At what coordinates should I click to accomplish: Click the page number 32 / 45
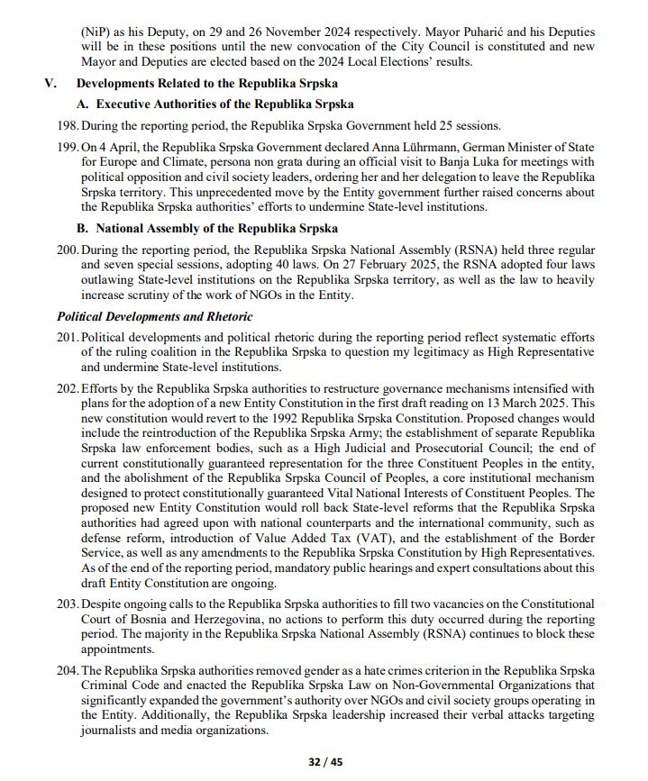coord(324,761)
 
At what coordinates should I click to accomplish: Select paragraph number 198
coord(68,125)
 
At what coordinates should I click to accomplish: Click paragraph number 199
coord(68,146)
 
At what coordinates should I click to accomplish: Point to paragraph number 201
coord(68,338)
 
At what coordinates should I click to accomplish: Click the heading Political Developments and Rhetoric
coord(154,317)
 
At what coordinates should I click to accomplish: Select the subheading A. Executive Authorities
coord(215,104)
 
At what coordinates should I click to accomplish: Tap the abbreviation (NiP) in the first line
coord(97,32)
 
